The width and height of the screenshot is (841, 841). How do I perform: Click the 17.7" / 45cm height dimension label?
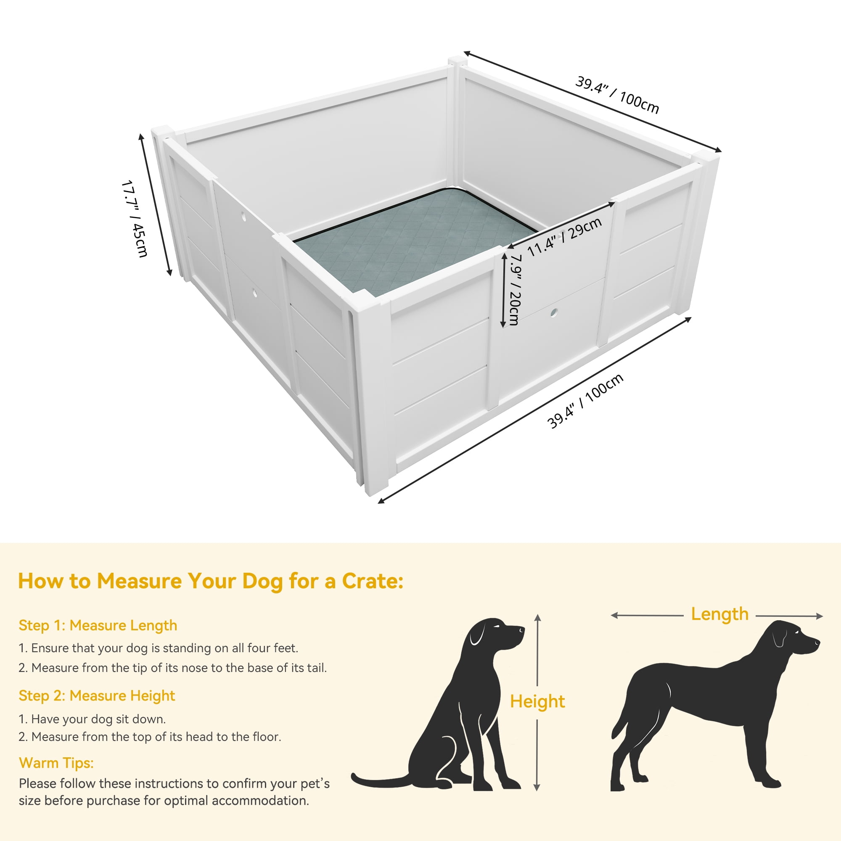point(134,219)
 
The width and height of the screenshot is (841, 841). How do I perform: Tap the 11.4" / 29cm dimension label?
point(564,237)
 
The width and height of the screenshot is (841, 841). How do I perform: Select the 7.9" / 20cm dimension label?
point(516,289)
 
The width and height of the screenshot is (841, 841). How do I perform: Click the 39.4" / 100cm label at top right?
point(617,95)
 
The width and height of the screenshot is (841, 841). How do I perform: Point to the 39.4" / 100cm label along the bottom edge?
point(585,401)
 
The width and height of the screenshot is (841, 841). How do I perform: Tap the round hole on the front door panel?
point(554,312)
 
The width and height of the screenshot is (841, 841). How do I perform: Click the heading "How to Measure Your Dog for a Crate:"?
point(211,581)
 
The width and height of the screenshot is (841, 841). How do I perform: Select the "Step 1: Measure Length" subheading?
point(98,625)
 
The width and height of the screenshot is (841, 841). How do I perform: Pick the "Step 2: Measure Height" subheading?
point(97,696)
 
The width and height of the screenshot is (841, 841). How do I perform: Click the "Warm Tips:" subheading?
point(56,763)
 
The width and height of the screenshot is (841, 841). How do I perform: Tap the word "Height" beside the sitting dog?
point(537,701)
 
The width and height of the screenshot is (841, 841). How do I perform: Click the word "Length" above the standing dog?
point(719,614)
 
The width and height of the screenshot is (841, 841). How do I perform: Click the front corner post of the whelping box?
point(372,392)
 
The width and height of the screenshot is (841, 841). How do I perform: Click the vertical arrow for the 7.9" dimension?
point(504,289)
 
